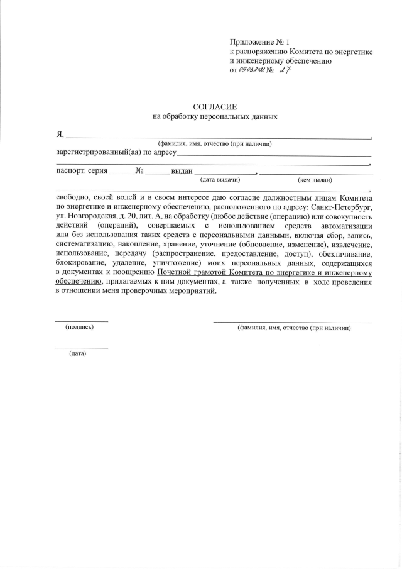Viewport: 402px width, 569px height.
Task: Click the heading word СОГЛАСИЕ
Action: [x=215, y=107]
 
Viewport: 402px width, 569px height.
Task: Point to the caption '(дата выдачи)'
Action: [x=220, y=180]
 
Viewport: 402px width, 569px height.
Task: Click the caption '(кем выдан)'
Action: [x=315, y=180]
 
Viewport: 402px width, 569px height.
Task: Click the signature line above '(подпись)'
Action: [x=82, y=321]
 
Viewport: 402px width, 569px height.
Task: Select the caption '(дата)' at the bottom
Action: [x=78, y=353]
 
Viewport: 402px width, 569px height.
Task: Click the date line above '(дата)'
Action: [x=82, y=348]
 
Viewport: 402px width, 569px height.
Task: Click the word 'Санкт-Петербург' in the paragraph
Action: [x=342, y=206]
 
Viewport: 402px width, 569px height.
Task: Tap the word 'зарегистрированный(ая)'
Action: [x=94, y=152]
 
